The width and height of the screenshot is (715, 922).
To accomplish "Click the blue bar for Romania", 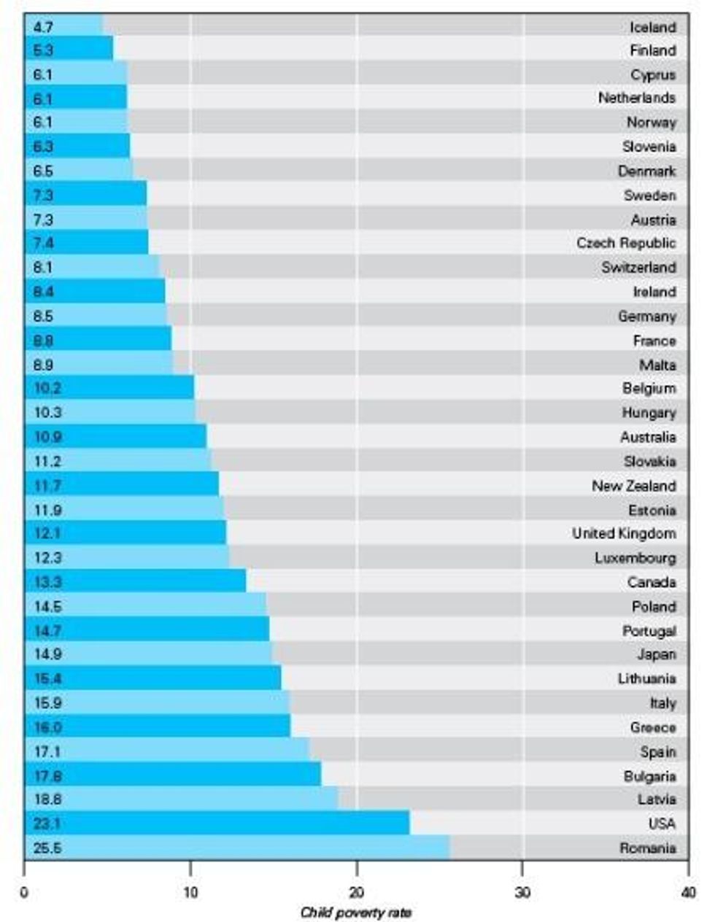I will pyautogui.click(x=237, y=848).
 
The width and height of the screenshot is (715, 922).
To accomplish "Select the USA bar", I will pyautogui.click(x=217, y=824).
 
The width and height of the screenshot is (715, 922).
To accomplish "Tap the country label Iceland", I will pyautogui.click(x=653, y=27).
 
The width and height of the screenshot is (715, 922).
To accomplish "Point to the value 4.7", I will pyautogui.click(x=43, y=27).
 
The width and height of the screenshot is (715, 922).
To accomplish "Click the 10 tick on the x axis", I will pyautogui.click(x=190, y=892).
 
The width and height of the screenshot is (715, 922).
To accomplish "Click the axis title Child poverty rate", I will pyautogui.click(x=356, y=913).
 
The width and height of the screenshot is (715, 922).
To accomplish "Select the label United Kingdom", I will pyautogui.click(x=624, y=533).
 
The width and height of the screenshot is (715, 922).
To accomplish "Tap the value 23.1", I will pyautogui.click(x=47, y=824).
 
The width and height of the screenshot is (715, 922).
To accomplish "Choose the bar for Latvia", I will pyautogui.click(x=182, y=799).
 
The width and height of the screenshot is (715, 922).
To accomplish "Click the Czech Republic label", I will pyautogui.click(x=626, y=243).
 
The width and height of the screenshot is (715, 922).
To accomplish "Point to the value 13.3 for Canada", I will pyautogui.click(x=47, y=582).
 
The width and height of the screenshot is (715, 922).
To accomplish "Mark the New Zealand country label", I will pyautogui.click(x=633, y=485).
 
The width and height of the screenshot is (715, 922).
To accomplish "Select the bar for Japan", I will pyautogui.click(x=149, y=654).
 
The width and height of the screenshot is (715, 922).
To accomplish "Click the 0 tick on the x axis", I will pyautogui.click(x=25, y=892).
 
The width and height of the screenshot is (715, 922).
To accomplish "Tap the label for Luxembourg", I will pyautogui.click(x=635, y=558).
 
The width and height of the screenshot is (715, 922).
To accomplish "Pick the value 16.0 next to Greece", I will pyautogui.click(x=47, y=727).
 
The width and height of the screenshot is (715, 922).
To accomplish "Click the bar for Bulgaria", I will pyautogui.click(x=173, y=775).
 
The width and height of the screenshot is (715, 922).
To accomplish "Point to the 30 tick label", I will pyautogui.click(x=522, y=892).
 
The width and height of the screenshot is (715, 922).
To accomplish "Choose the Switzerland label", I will pyautogui.click(x=638, y=267).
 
